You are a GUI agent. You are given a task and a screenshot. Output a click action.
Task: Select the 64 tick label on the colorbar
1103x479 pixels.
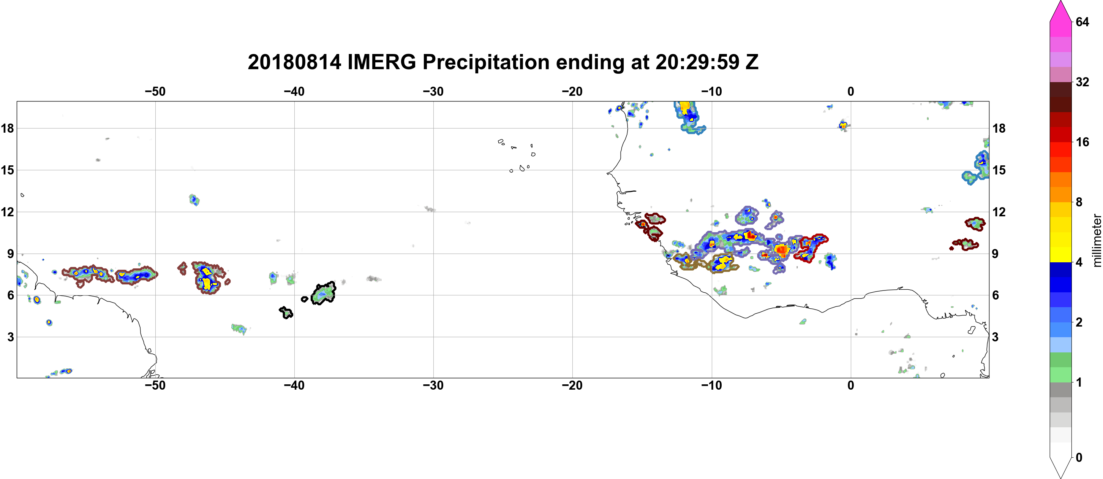pyautogui.click(x=1082, y=22)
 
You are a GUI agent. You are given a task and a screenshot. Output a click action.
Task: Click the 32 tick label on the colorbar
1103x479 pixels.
pyautogui.click(x=1082, y=82)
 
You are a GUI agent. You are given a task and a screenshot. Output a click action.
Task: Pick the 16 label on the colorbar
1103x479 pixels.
pyautogui.click(x=1082, y=142)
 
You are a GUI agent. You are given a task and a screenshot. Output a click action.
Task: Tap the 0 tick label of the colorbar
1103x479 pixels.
pyautogui.click(x=1079, y=458)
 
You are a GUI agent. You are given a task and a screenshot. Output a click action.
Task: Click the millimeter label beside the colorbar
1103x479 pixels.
pyautogui.click(x=1097, y=241)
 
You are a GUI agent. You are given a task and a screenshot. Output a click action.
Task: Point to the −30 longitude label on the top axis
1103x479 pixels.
pyautogui.click(x=433, y=92)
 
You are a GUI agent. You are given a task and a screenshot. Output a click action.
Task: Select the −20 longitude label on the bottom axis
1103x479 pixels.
pyautogui.click(x=572, y=385)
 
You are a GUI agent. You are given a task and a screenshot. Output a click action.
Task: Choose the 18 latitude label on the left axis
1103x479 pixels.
pyautogui.click(x=7, y=128)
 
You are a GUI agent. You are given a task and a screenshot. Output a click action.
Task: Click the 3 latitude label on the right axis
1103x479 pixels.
pyautogui.click(x=995, y=337)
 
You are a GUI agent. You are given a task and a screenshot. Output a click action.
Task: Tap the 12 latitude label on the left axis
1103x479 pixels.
pyautogui.click(x=7, y=212)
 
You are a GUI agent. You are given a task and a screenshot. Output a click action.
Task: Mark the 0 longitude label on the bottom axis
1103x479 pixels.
pyautogui.click(x=850, y=385)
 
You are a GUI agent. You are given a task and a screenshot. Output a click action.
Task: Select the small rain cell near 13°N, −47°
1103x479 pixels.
pyautogui.click(x=194, y=200)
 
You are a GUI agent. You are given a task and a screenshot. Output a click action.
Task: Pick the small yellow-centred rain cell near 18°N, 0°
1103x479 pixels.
pyautogui.click(x=843, y=125)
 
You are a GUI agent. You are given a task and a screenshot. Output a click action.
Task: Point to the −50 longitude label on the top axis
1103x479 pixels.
pyautogui.click(x=155, y=92)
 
